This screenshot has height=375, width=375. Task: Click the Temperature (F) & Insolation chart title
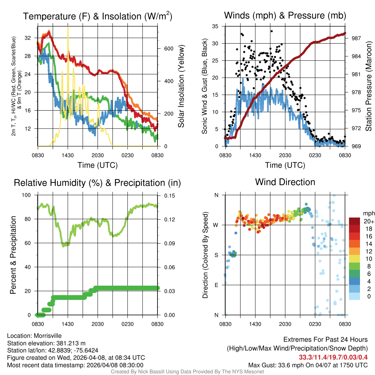97,16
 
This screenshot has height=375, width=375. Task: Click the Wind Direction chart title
285,182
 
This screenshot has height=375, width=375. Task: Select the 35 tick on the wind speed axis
216,26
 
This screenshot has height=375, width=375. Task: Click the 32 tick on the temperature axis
28,38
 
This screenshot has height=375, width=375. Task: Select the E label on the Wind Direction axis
216,285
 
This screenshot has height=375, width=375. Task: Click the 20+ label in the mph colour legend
368,221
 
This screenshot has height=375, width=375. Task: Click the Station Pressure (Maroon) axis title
368,86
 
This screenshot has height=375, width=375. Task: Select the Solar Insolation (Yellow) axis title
181,86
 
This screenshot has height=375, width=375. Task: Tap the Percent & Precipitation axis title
13,255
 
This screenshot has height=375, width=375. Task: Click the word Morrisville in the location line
48,335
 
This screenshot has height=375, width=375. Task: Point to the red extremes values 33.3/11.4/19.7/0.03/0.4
333,357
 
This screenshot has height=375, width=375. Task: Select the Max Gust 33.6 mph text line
308,365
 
